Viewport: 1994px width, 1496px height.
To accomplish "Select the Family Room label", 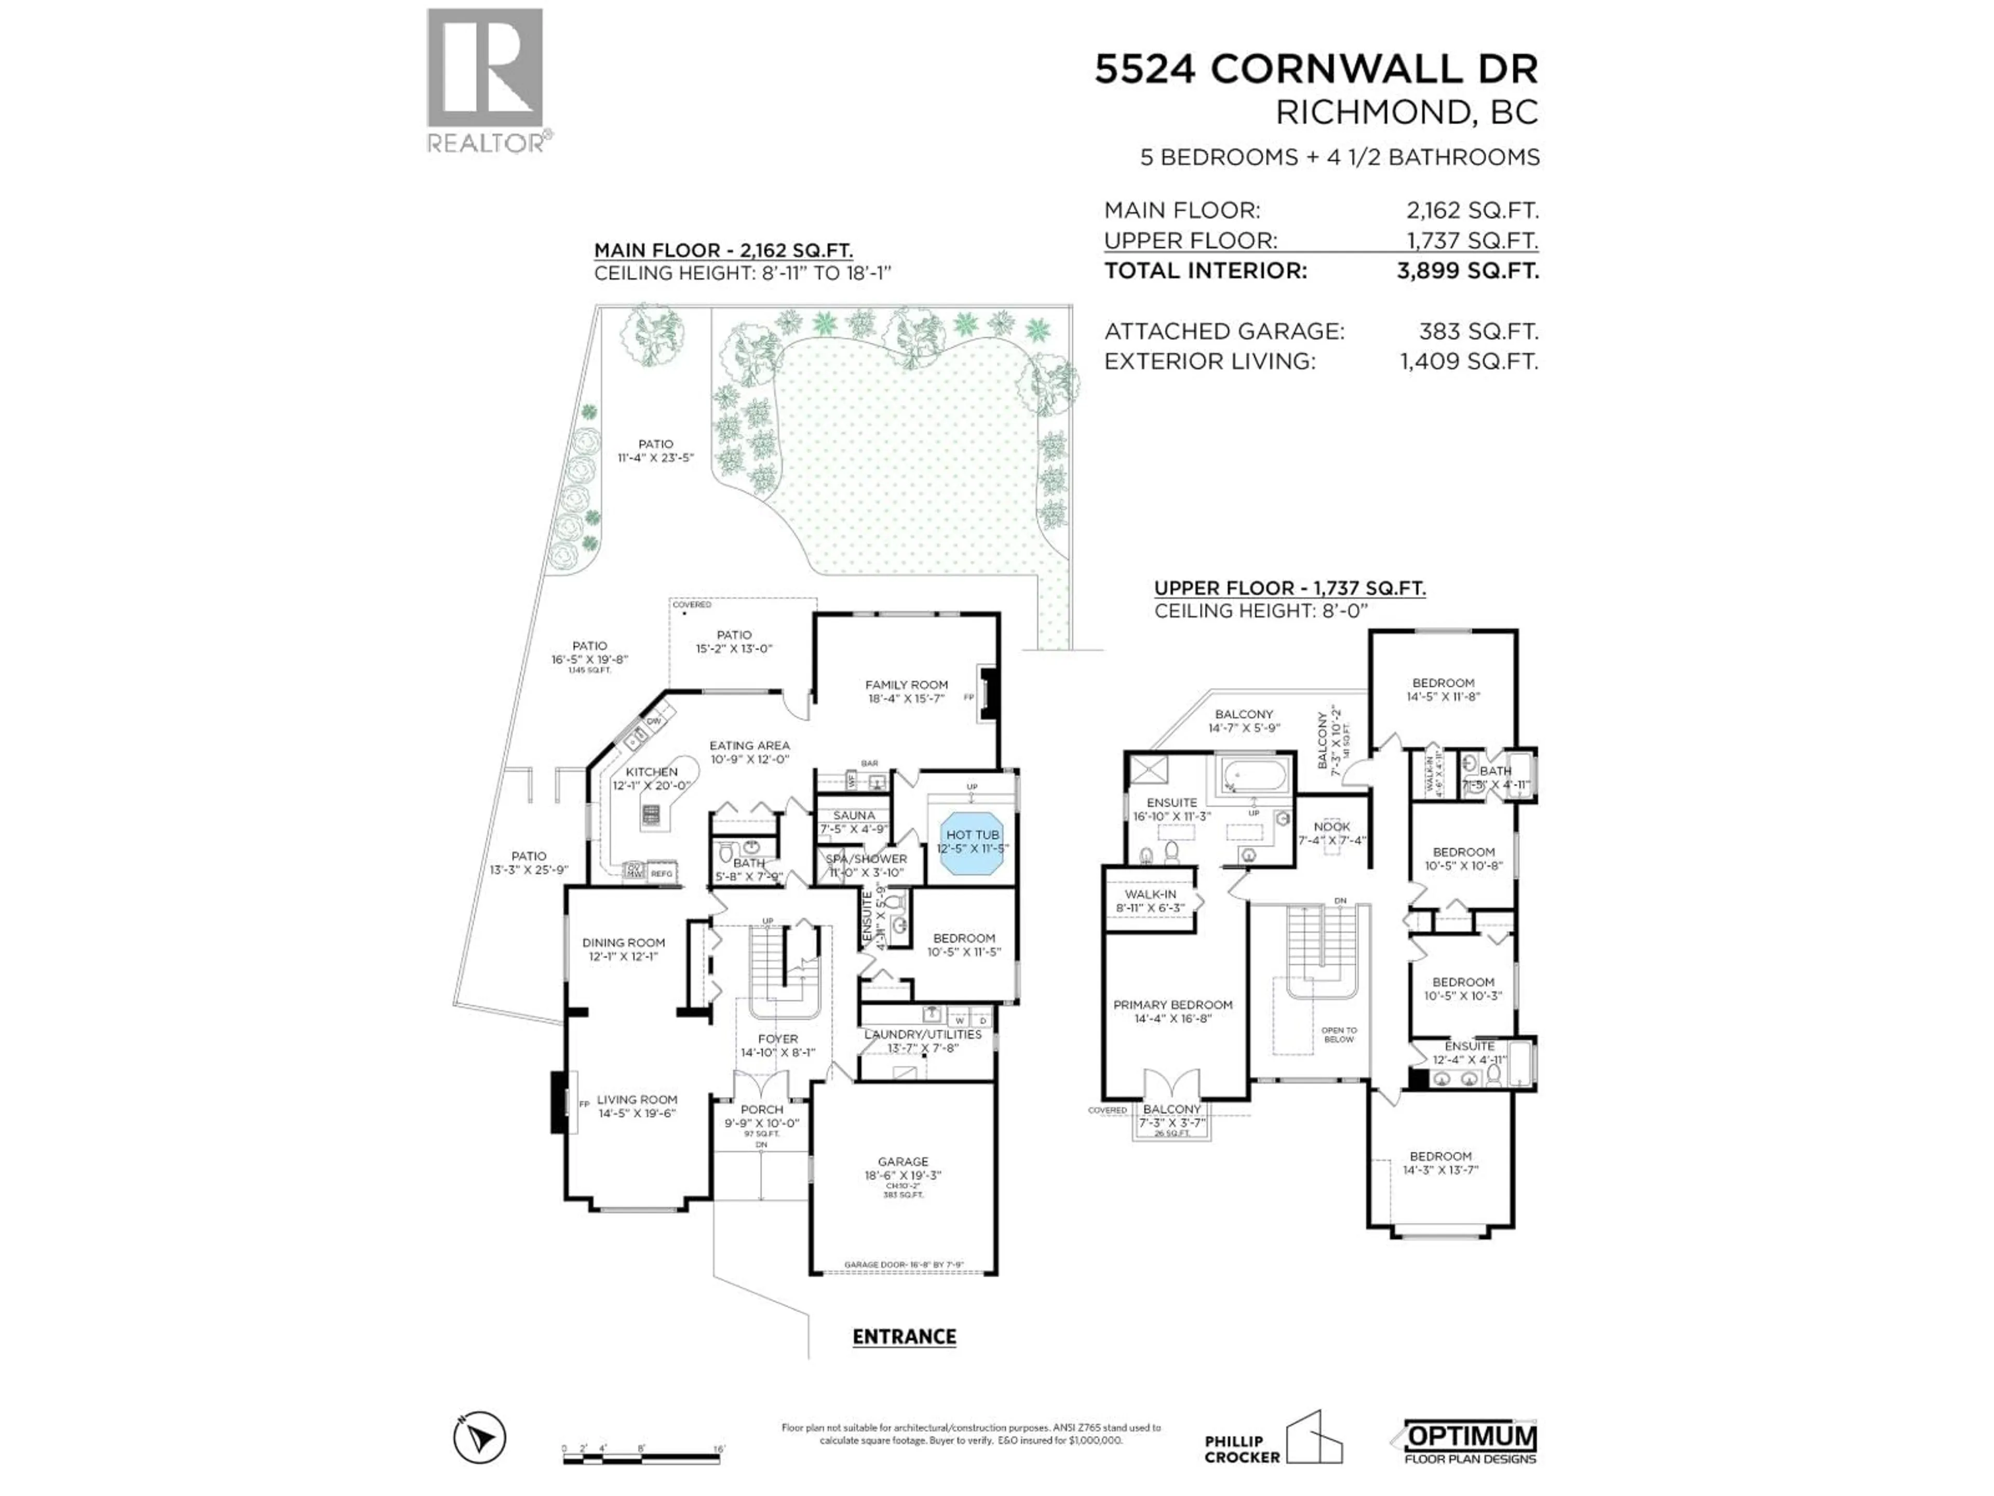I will coord(906,685).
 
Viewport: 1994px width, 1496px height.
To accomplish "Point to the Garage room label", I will coord(902,1163).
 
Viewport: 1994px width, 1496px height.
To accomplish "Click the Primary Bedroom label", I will coord(1172,1005).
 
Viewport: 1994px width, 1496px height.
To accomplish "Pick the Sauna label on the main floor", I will coord(854,815).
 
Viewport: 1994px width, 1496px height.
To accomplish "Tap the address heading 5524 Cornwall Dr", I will coord(1316,70).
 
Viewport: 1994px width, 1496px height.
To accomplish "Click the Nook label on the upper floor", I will coord(1331,827).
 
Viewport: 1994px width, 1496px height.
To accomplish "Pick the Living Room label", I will coord(637,1100).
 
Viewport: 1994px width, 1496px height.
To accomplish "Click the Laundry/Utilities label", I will coord(922,1034).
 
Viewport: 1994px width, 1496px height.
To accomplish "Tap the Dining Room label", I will coord(623,942).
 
